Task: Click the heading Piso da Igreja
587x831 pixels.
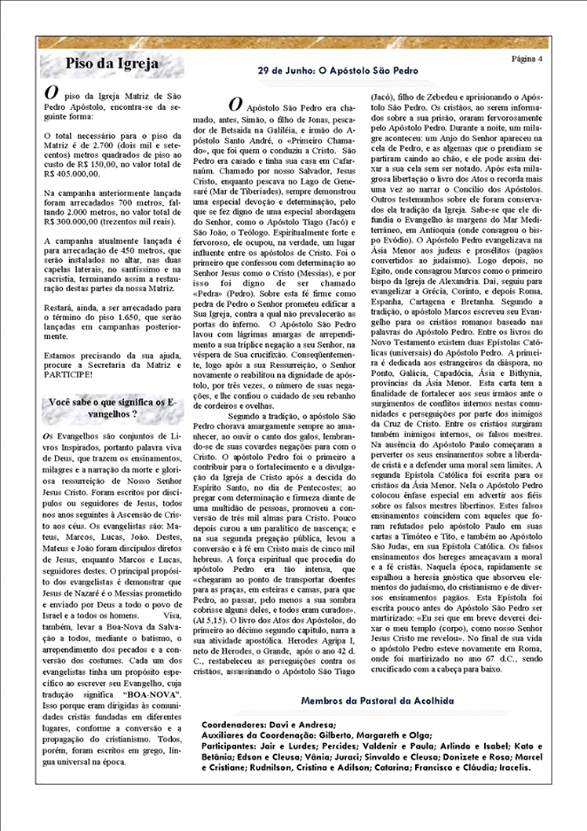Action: pyautogui.click(x=112, y=64)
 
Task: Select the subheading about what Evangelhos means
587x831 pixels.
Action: pyautogui.click(x=112, y=407)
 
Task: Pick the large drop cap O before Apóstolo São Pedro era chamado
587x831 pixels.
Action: pyautogui.click(x=235, y=104)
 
